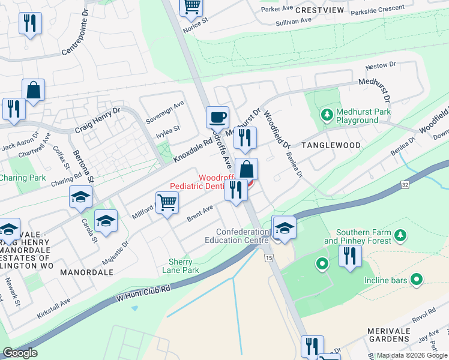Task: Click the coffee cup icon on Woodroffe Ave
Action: (x=217, y=116)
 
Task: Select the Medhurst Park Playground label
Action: (x=357, y=116)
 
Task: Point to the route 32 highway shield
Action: (x=405, y=185)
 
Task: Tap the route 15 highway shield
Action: (x=267, y=258)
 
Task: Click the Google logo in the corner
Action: (x=20, y=353)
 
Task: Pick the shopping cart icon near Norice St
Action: (x=191, y=6)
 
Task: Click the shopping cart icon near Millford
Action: (x=167, y=202)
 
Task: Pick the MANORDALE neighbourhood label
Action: (x=87, y=272)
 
